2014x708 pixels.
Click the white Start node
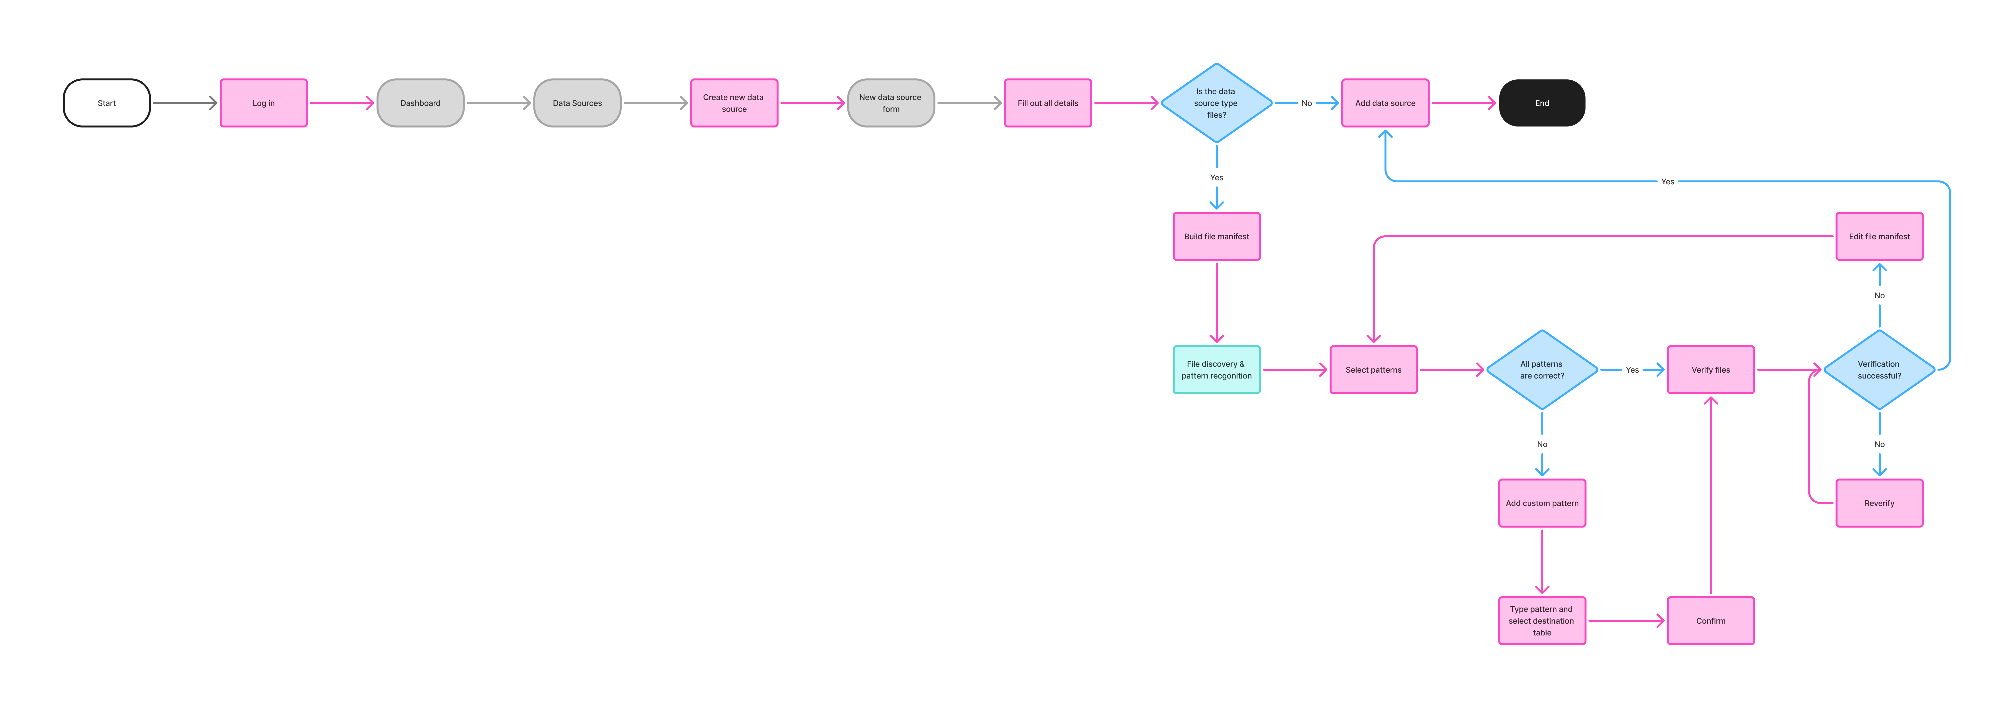coord(106,102)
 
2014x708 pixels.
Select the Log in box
coord(264,102)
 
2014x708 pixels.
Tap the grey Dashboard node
coord(421,102)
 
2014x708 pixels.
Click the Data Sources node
coord(577,102)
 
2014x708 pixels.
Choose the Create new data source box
coord(734,102)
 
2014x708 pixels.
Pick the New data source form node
coord(891,102)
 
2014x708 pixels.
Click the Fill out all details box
coord(1048,102)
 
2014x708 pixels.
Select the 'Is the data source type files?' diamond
coord(1217,102)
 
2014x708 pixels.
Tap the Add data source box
coord(1385,102)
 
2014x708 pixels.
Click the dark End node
coord(1542,102)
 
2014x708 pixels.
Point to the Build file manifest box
coord(1217,236)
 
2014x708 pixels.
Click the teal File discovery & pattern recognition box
coord(1217,369)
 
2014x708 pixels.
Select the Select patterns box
coord(1374,369)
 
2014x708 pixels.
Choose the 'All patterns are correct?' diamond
coord(1542,369)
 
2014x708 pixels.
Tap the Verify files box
coord(1711,369)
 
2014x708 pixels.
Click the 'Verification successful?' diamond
coord(1879,369)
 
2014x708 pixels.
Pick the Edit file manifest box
coord(1879,236)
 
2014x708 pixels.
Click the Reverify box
coord(1879,503)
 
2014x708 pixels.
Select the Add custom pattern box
coord(1542,503)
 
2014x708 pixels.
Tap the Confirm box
coord(1711,620)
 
